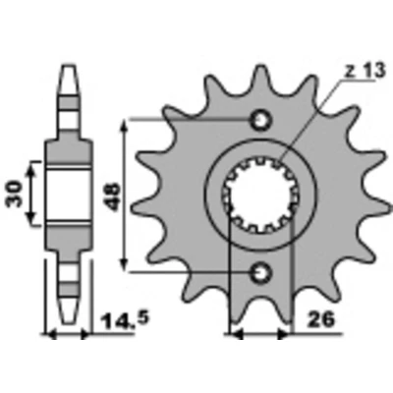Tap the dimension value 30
click(15, 195)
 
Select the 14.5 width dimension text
click(125, 320)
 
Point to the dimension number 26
click(320, 319)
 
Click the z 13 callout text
click(365, 72)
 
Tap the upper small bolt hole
click(261, 121)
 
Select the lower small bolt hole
click(261, 272)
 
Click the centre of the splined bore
click(261, 196)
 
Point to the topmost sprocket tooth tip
click(261, 67)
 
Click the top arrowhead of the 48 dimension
click(124, 125)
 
